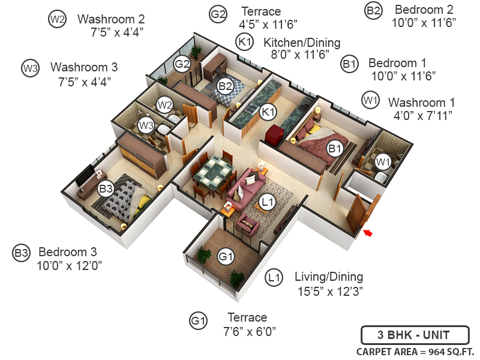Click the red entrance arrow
coord(368,233)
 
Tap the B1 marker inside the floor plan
coord(335,148)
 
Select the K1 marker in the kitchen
coord(268,112)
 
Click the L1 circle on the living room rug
coord(268,202)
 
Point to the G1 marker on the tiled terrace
coord(226,257)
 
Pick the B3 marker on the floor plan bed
coord(106,189)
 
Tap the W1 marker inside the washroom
coord(382,161)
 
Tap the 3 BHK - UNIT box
coord(414,335)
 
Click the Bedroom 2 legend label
coord(424,10)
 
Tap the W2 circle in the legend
coord(57,19)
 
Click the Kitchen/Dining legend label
coord(302,43)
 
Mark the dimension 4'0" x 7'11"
coord(422,115)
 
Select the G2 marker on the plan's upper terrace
coord(182,64)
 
